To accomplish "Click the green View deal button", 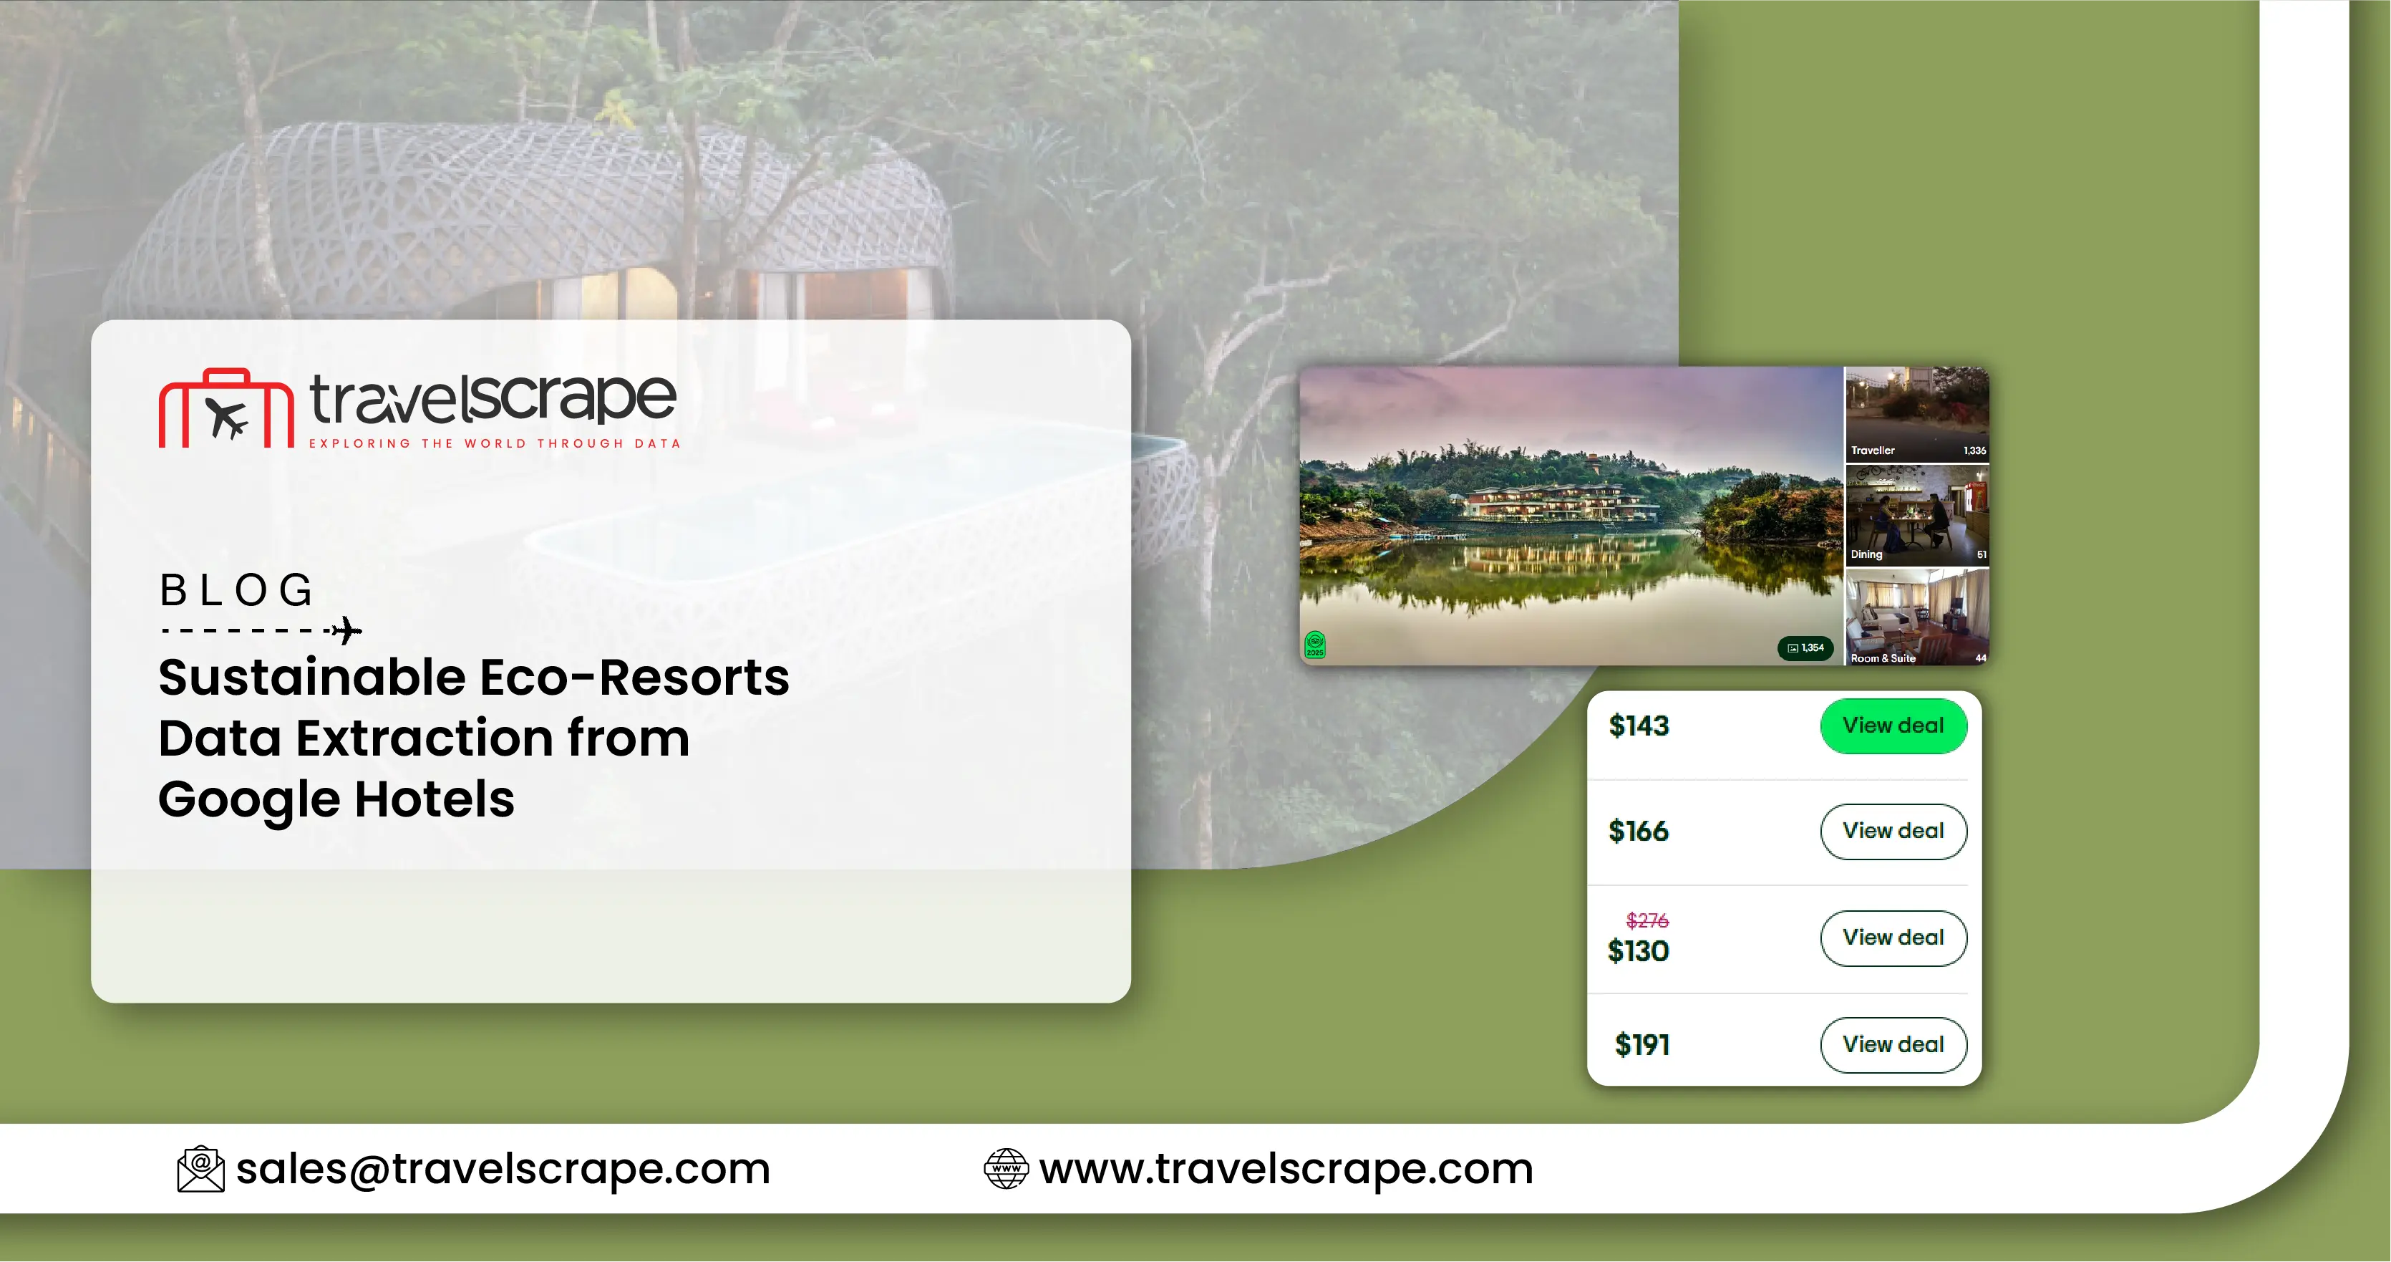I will tap(1893, 726).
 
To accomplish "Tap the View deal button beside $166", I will tap(1893, 831).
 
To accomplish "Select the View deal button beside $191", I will tap(1893, 1045).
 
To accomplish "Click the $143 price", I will tap(1638, 726).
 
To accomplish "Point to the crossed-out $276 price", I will tap(1646, 920).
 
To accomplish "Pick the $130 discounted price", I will tap(1638, 951).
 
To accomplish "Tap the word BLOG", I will tap(237, 591).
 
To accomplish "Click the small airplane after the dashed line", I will tap(347, 630).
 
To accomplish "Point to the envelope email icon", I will tap(200, 1168).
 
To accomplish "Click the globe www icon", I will tap(1006, 1168).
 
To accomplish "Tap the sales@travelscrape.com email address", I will tap(503, 1168).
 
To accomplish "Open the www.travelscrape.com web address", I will tap(1286, 1168).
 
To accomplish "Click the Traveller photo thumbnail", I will tap(1916, 414).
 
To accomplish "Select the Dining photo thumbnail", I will tap(1916, 516).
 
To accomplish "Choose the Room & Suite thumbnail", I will tap(1916, 617).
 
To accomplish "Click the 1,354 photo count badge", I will tap(1805, 647).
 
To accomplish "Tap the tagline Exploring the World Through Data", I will tap(495, 443).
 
